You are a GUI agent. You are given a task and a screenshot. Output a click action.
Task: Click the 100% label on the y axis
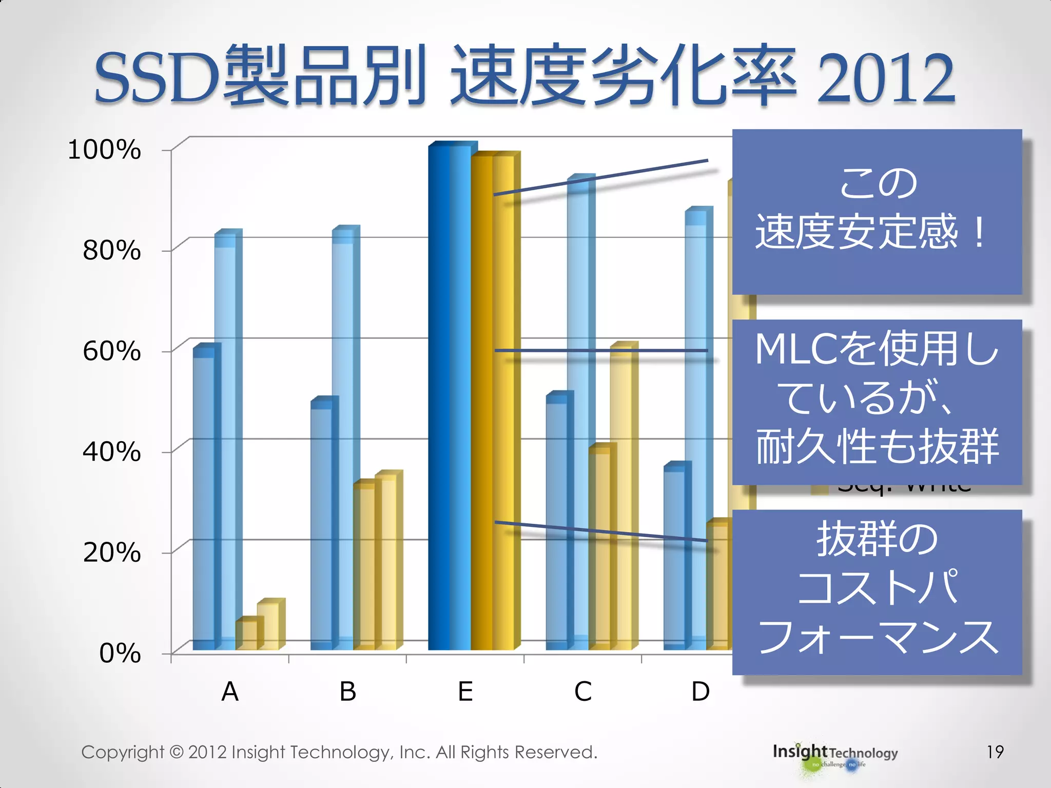point(104,150)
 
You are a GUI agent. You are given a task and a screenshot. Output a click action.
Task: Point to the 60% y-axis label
point(111,351)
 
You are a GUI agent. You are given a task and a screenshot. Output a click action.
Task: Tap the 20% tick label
point(111,553)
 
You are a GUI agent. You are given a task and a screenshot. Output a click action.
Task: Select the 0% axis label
point(119,654)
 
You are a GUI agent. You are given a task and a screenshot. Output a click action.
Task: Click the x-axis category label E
point(465,692)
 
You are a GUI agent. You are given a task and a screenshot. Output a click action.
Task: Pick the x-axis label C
point(583,692)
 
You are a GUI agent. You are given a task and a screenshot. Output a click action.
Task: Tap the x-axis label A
point(230,692)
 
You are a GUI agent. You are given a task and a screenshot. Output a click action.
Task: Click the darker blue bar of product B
point(322,528)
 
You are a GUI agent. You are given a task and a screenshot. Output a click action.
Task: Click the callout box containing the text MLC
point(877,401)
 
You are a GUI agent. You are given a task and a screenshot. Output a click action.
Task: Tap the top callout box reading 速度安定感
point(877,211)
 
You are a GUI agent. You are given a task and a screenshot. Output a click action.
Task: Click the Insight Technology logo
point(835,755)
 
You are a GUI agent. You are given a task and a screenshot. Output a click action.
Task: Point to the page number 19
point(995,752)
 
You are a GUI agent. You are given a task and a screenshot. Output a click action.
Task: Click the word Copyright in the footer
point(122,752)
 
